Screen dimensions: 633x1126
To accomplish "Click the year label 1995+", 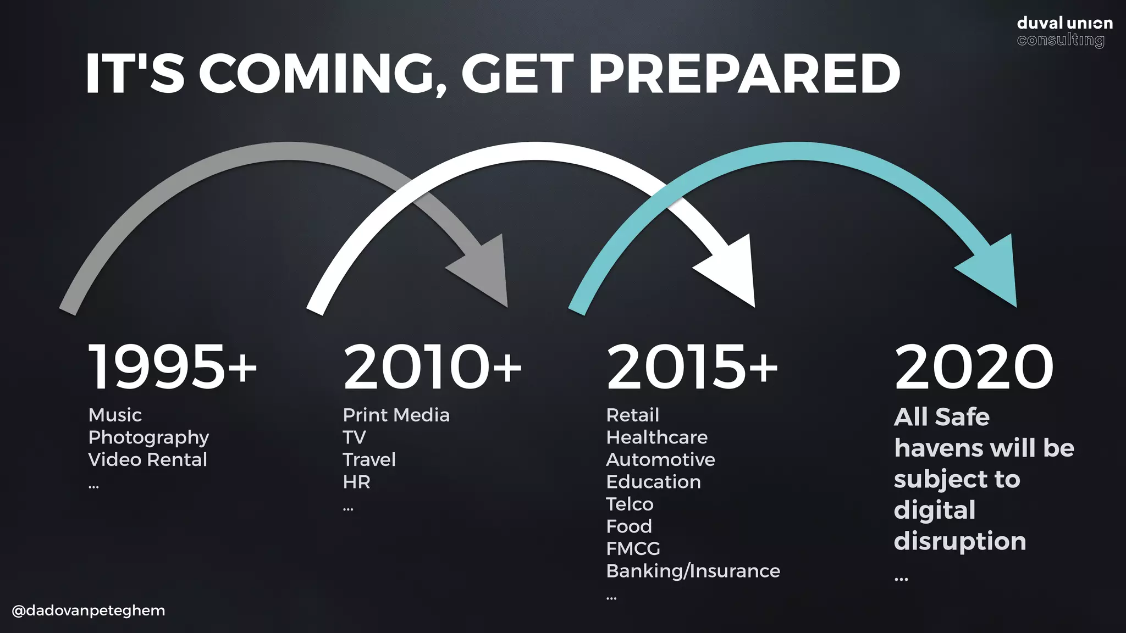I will [x=172, y=367].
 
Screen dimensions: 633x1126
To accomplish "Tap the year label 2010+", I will [x=432, y=367].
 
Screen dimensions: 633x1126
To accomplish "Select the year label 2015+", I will [x=692, y=367].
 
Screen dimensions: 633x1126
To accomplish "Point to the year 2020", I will [x=974, y=367].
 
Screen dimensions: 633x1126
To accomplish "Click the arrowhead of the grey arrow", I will [x=484, y=272].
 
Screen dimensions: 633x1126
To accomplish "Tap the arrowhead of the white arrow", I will [x=731, y=272].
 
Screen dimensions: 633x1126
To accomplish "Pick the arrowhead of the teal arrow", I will [x=993, y=272].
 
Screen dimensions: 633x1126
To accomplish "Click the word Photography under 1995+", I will [x=148, y=437].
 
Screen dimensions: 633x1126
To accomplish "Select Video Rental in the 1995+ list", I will [x=147, y=459].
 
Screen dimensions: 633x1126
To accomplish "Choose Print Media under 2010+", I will [x=396, y=415].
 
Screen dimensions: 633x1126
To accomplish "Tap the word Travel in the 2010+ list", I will [x=369, y=459].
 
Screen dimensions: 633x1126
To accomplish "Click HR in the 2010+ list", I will [x=356, y=482].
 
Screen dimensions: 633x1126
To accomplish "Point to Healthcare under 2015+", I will [x=656, y=437].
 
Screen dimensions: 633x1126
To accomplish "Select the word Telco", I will [x=630, y=504].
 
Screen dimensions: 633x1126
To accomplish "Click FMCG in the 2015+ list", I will [x=633, y=548].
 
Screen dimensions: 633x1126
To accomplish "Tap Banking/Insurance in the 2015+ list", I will [x=693, y=571].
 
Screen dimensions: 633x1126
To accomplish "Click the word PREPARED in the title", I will [x=748, y=74].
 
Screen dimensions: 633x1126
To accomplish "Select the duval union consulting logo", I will [x=1064, y=31].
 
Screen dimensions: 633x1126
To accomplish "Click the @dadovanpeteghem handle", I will [x=89, y=610].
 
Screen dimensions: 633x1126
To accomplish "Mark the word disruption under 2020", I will [x=960, y=541].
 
